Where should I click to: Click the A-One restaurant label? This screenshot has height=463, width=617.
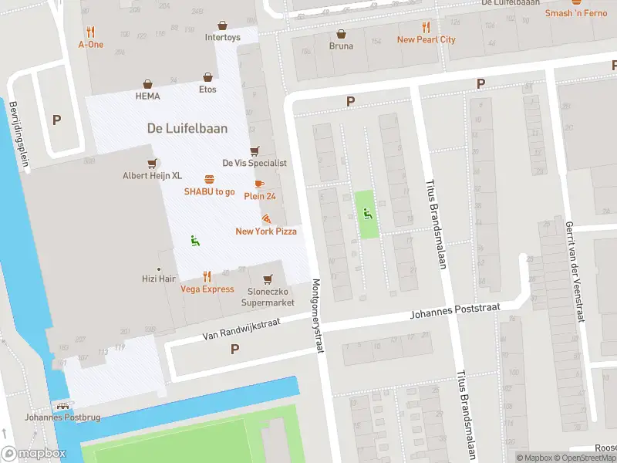[90, 45]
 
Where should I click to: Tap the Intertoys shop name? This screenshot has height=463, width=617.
[222, 37]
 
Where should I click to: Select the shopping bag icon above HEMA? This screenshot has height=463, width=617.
[147, 84]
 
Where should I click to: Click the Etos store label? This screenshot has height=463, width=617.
[207, 90]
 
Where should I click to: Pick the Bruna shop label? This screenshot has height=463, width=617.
[341, 46]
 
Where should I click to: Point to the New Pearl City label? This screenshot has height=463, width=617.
[426, 39]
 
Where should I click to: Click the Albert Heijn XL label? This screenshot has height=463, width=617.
[152, 176]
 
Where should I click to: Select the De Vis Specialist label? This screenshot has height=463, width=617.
[255, 163]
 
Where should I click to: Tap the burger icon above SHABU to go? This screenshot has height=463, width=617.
[209, 179]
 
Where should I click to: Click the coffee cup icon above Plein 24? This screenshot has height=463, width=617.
[258, 184]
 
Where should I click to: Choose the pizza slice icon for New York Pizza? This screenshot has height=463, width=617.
[266, 219]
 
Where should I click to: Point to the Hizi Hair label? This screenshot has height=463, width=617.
[159, 279]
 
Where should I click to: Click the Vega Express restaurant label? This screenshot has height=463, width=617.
[207, 289]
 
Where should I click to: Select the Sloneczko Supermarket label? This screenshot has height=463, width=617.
[270, 297]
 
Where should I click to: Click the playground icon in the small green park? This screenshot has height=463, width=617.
[368, 214]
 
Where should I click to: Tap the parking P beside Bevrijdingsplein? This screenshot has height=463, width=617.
[56, 120]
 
